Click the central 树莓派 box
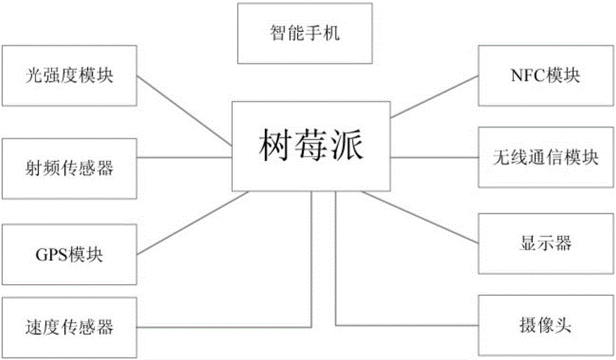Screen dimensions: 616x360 pos(310,146)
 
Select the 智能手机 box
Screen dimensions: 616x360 pos(305,33)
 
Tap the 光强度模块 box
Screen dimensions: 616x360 pos(70,75)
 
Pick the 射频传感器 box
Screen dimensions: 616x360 pos(70,169)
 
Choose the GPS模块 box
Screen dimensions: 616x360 pos(70,254)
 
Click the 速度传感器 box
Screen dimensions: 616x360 pos(70,327)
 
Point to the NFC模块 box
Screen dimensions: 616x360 pos(546,75)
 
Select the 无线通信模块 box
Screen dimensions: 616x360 pos(546,157)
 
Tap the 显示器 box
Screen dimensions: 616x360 pos(546,243)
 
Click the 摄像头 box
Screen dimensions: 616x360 pos(546,326)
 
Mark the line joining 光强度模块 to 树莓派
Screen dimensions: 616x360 pos(184,111)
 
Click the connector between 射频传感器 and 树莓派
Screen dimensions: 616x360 pos(184,158)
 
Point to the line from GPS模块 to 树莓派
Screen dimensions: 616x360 pos(193,223)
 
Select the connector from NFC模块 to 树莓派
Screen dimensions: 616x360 pos(434,97)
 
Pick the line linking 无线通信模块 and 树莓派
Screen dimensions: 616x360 pos(434,158)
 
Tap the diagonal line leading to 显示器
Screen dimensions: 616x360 pos(419,217)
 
